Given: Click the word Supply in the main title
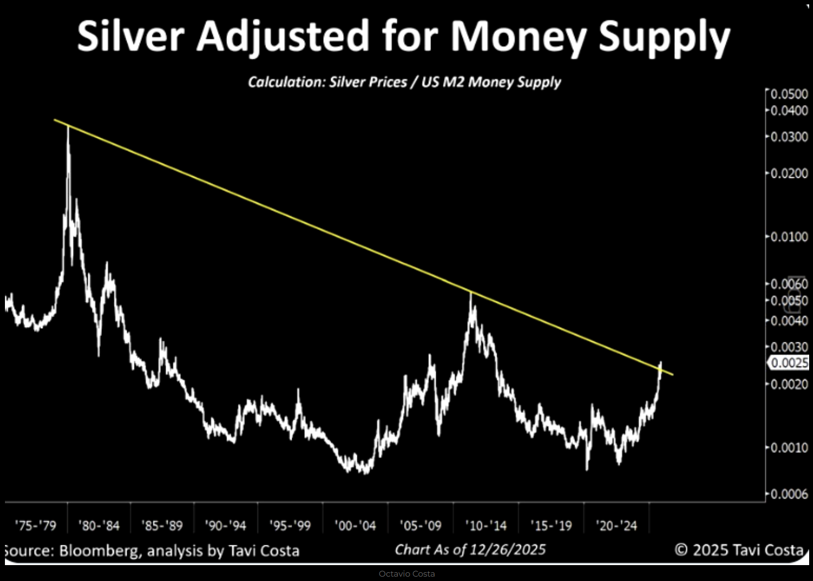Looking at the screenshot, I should click(664, 37).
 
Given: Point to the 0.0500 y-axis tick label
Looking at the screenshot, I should click(789, 94).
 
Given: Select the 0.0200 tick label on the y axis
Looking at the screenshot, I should click(789, 173).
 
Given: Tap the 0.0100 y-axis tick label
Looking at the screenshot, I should click(789, 237).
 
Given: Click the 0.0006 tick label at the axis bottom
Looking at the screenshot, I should click(789, 494).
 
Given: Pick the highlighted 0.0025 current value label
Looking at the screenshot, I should click(790, 363).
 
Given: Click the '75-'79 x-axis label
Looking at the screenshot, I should click(36, 526).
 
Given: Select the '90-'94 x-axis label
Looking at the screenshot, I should click(225, 526).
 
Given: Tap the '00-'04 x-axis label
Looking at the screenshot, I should click(355, 526).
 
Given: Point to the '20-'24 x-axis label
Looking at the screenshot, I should click(616, 526).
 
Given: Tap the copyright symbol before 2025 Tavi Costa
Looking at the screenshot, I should click(681, 549).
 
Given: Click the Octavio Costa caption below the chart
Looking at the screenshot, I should click(406, 574).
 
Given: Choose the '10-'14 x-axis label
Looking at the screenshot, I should click(486, 526).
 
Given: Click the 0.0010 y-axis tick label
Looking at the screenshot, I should click(789, 448).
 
